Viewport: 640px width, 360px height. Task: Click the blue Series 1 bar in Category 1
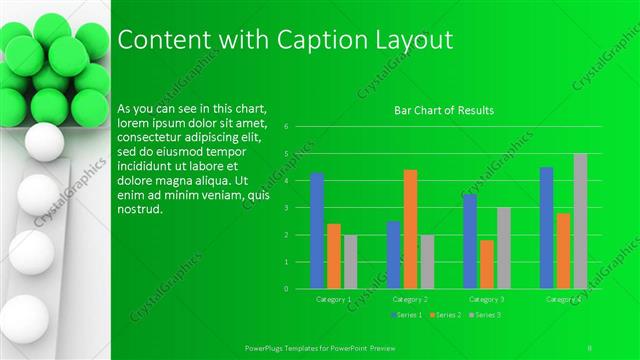click(x=317, y=231)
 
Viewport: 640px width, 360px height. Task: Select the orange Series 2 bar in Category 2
click(x=410, y=229)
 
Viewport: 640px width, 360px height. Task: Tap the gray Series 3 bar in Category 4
click(x=580, y=221)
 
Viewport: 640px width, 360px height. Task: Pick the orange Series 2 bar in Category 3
click(x=487, y=264)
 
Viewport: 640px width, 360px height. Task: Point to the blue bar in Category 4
click(x=547, y=228)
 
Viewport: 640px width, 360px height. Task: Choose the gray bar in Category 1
click(x=350, y=262)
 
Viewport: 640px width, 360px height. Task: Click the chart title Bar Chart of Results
click(x=442, y=111)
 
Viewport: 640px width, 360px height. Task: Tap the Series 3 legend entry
click(x=487, y=315)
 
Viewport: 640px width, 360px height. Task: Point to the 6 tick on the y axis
click(x=286, y=127)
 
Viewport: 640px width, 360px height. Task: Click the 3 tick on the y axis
click(x=286, y=208)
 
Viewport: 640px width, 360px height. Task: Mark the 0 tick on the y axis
click(x=286, y=289)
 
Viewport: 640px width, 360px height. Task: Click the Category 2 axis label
click(x=410, y=299)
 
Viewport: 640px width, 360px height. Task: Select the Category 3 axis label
click(x=487, y=299)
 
